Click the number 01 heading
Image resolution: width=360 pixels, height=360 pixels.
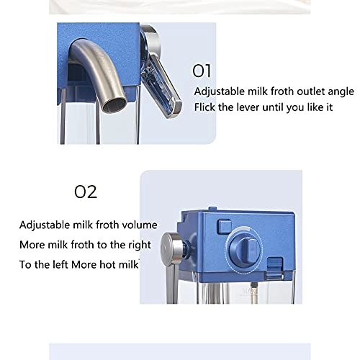point(202,71)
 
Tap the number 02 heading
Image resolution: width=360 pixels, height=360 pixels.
point(86,192)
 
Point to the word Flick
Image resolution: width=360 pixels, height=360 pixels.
point(204,107)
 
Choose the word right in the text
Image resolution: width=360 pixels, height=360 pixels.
point(140,245)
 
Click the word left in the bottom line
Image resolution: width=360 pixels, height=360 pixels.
point(60,264)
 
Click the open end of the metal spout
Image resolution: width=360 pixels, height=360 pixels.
point(114,105)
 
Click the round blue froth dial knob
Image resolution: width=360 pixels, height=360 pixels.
point(244,249)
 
